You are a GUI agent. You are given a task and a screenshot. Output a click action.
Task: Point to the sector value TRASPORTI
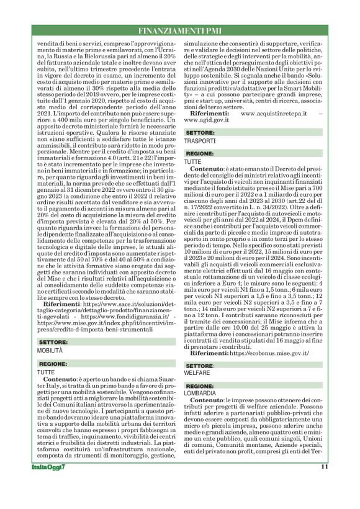click(200, 142)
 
